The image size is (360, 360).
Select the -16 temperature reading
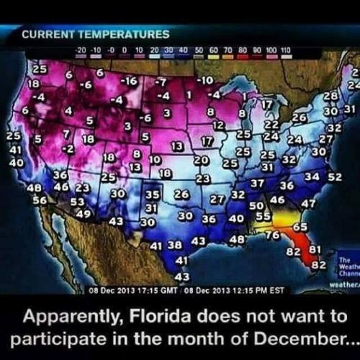point(130,80)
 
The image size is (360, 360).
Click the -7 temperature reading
point(161,81)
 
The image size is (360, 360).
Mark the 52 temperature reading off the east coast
point(334,176)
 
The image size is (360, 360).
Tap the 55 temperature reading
point(264,216)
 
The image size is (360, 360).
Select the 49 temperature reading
point(83,213)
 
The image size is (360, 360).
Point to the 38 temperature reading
point(175,245)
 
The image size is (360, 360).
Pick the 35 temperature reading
point(152,194)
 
